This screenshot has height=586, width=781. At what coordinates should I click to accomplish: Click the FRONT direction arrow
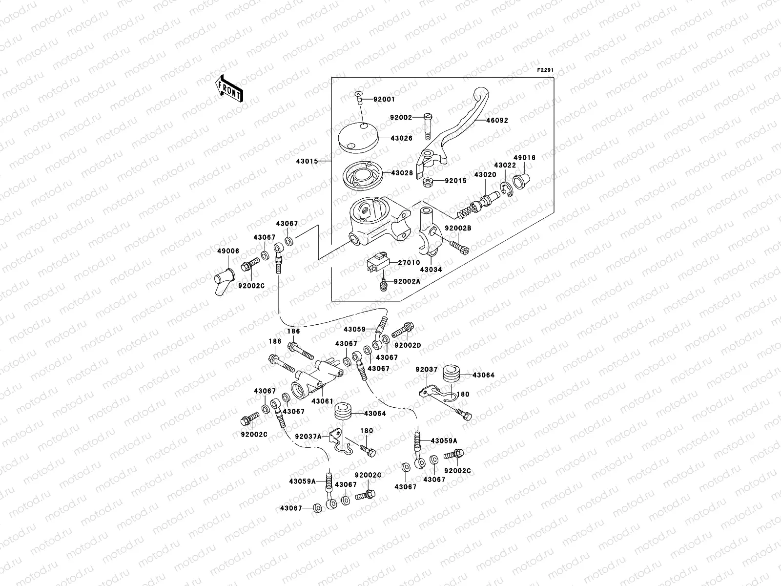point(229,88)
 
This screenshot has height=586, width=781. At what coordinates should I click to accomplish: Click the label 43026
point(401,138)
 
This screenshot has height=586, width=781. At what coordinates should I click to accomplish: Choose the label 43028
point(401,173)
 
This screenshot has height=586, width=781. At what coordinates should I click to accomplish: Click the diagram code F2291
point(545,70)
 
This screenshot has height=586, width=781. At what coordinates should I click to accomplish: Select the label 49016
point(525,158)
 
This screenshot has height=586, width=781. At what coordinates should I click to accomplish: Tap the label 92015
point(455,181)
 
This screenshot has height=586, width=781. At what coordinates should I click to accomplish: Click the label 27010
point(409,263)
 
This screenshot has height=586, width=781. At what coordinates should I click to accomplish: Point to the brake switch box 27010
point(377,264)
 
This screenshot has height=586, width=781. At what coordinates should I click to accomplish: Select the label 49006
point(228,251)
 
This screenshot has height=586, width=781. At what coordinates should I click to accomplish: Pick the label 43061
point(322,401)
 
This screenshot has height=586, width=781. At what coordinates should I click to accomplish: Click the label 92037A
point(308,437)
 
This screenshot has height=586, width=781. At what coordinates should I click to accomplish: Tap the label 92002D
point(408,346)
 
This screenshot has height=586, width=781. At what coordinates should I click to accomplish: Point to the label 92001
point(384,99)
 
